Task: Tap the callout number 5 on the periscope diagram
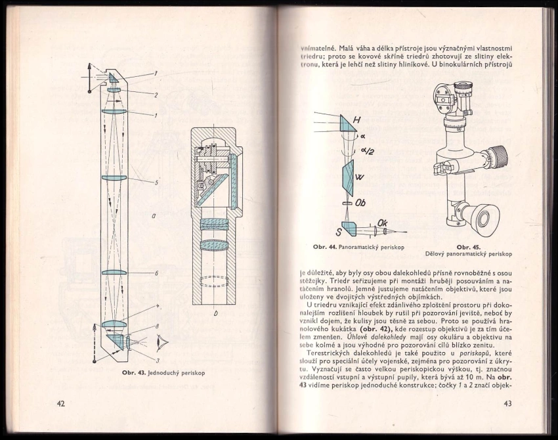click(x=156, y=183)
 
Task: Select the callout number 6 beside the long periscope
click(x=156, y=273)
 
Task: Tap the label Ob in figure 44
click(x=360, y=203)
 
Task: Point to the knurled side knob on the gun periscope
click(x=500, y=158)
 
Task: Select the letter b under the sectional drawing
click(x=215, y=314)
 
